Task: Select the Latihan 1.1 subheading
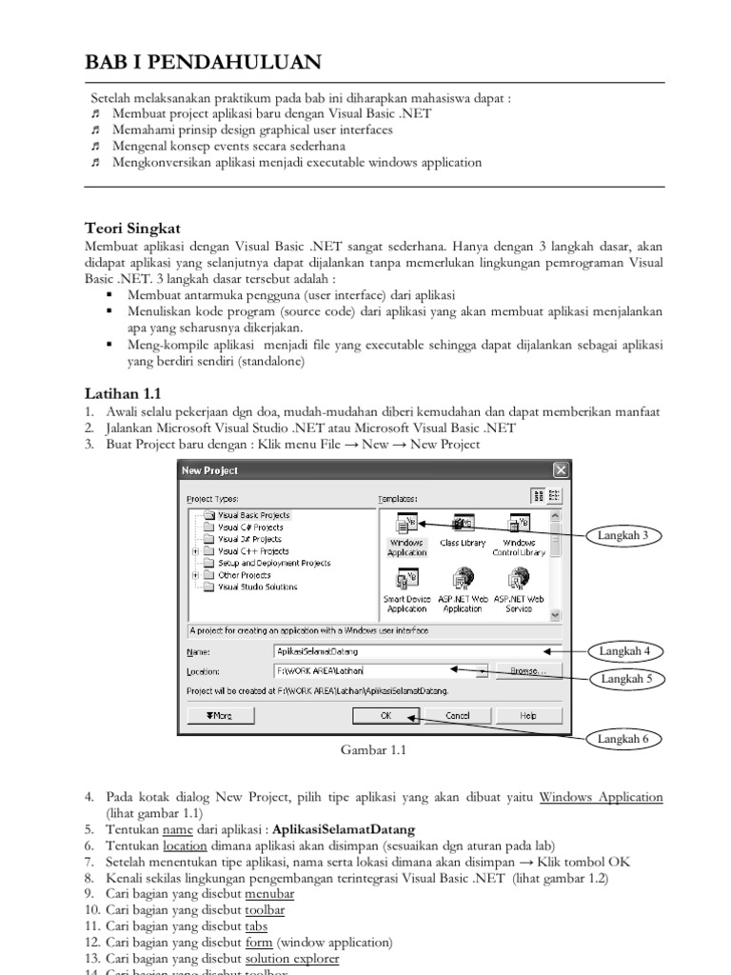click(124, 392)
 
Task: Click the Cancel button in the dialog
click(457, 715)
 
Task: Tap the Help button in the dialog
click(528, 715)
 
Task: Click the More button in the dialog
click(219, 715)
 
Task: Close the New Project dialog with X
click(561, 469)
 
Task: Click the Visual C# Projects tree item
click(250, 527)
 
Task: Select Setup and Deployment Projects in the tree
click(274, 563)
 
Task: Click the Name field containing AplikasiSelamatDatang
click(409, 651)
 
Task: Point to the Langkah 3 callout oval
click(623, 536)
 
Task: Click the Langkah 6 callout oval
click(623, 739)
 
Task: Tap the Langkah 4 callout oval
click(624, 651)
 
